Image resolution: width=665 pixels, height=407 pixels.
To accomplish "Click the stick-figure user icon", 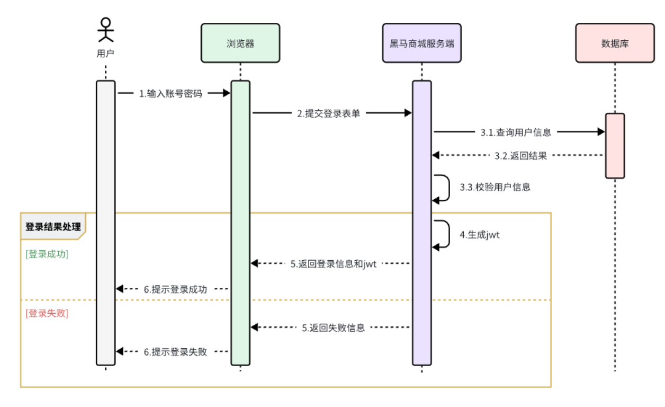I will pyautogui.click(x=106, y=30).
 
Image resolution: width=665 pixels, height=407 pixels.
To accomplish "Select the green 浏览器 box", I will pyautogui.click(x=240, y=43).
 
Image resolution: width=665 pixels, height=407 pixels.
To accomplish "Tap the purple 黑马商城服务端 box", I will pyautogui.click(x=421, y=43).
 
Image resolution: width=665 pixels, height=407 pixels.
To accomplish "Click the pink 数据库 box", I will pyautogui.click(x=615, y=43).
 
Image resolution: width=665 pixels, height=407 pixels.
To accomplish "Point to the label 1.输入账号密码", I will pyautogui.click(x=170, y=94).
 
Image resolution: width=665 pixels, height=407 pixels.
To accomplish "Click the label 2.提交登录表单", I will pyautogui.click(x=328, y=113).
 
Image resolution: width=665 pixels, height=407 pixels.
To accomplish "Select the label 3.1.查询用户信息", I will pyautogui.click(x=516, y=132).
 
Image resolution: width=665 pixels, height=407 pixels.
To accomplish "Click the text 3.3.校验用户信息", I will pyautogui.click(x=495, y=187).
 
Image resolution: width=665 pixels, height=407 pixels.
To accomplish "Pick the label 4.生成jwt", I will pyautogui.click(x=480, y=234).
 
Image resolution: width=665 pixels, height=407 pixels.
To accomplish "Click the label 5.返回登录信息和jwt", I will pyautogui.click(x=333, y=263).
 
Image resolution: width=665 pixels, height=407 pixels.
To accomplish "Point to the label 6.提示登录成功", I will pyautogui.click(x=175, y=289).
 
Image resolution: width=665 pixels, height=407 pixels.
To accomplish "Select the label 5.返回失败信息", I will pyautogui.click(x=334, y=328).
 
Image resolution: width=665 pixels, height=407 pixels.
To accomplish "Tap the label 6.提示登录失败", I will pyautogui.click(x=175, y=351).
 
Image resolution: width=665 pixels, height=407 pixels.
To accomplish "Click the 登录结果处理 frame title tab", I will pyautogui.click(x=53, y=227).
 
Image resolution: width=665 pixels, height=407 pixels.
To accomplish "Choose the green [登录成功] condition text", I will pyautogui.click(x=47, y=254).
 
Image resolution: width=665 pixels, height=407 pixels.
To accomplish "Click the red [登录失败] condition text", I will pyautogui.click(x=47, y=313).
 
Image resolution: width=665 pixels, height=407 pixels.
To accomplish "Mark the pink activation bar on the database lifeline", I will pyautogui.click(x=615, y=145).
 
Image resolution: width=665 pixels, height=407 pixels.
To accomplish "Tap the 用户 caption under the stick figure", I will pyautogui.click(x=105, y=53).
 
